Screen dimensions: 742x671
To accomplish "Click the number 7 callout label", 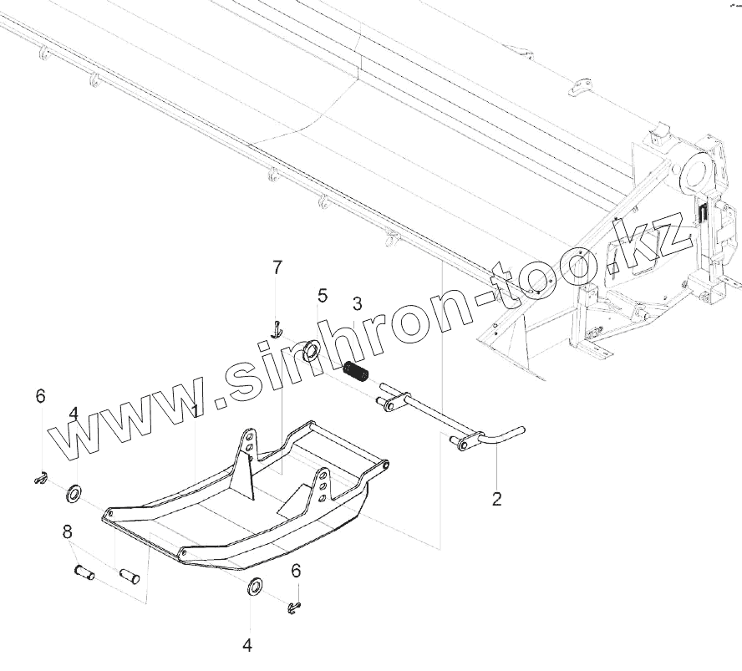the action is (x=277, y=267).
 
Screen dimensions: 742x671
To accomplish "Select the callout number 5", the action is (x=321, y=296).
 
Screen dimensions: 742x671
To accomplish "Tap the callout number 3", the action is (x=356, y=303).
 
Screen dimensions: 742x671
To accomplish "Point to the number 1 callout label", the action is (x=195, y=411).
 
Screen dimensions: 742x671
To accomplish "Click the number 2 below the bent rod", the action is (x=497, y=500).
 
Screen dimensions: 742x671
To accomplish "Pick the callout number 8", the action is (x=67, y=531).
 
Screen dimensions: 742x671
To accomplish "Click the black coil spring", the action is (x=357, y=370).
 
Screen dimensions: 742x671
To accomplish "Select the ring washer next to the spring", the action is (x=310, y=351).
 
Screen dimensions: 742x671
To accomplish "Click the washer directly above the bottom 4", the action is (x=252, y=587).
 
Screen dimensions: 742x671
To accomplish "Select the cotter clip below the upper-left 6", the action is (x=38, y=477).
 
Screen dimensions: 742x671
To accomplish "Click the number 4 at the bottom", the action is (x=247, y=645).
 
